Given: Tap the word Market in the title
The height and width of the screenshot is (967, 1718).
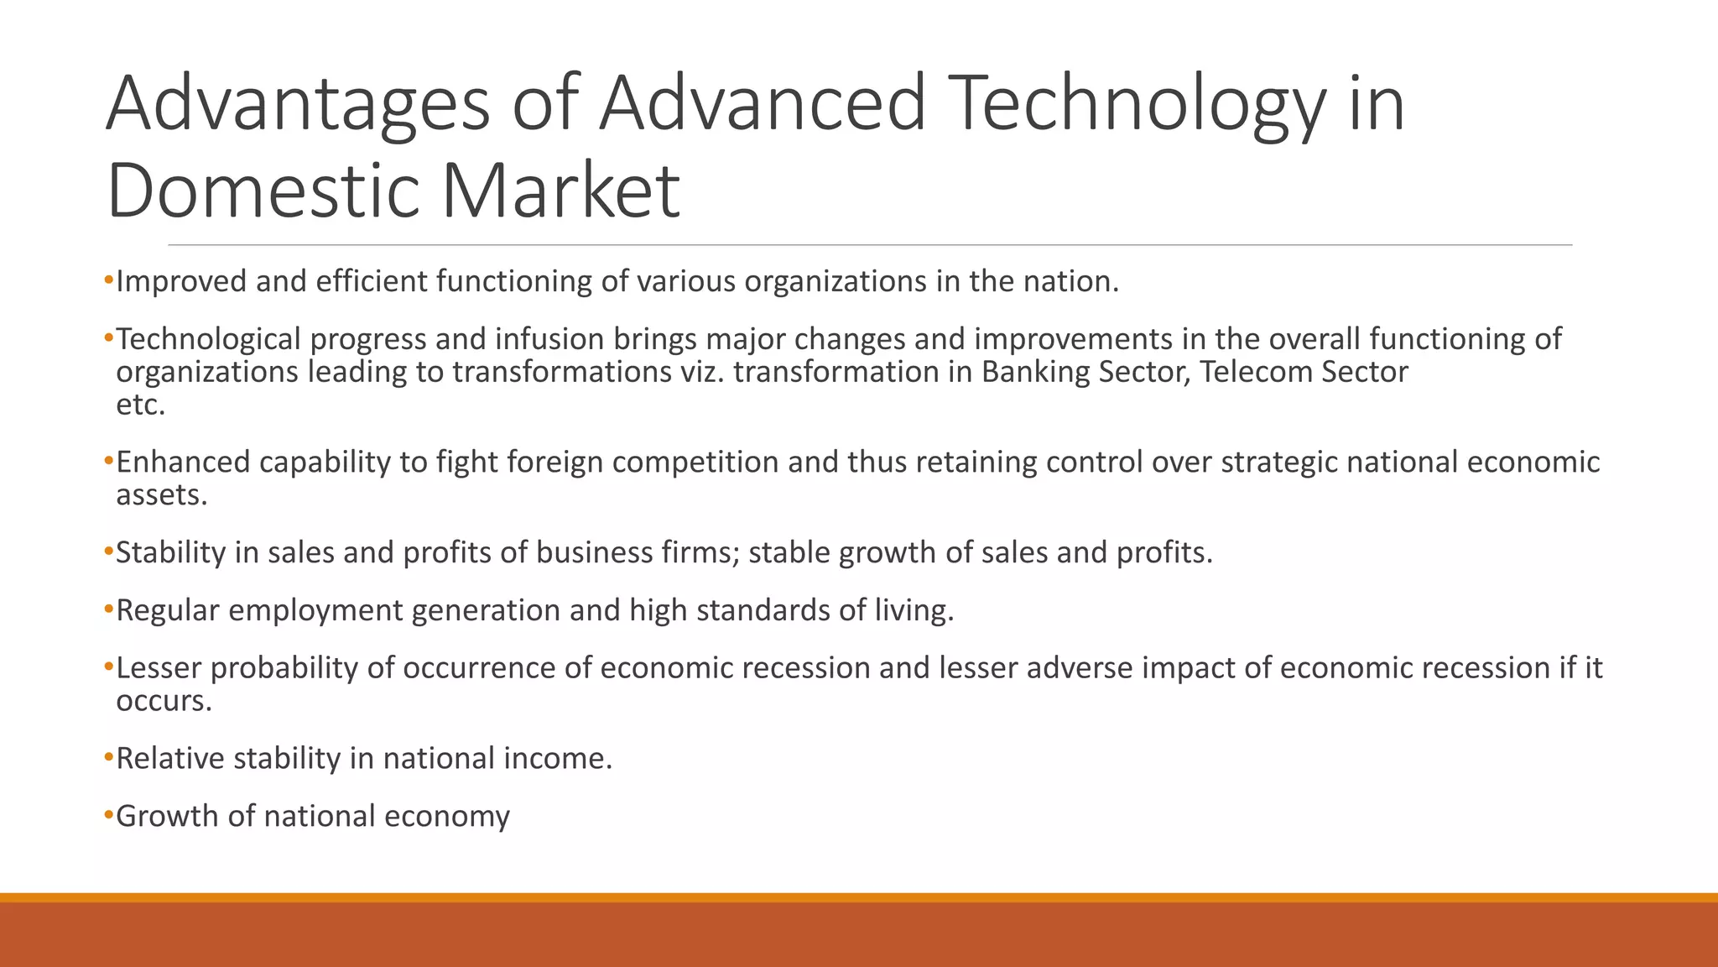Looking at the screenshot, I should click(x=560, y=191).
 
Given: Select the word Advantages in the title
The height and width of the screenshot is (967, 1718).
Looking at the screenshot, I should click(x=298, y=104).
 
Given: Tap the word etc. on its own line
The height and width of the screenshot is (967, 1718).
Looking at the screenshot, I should click(x=140, y=405).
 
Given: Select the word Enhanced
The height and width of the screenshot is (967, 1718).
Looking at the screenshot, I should click(x=183, y=463).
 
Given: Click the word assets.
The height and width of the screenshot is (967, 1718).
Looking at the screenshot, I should click(x=161, y=495).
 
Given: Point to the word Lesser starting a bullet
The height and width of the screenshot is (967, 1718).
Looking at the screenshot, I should click(x=159, y=668).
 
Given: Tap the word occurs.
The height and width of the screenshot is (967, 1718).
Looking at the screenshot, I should click(x=164, y=701).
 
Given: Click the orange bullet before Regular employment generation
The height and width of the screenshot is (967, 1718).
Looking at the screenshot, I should click(x=108, y=609).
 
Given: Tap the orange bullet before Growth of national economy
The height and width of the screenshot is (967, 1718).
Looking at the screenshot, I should click(x=108, y=815).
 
